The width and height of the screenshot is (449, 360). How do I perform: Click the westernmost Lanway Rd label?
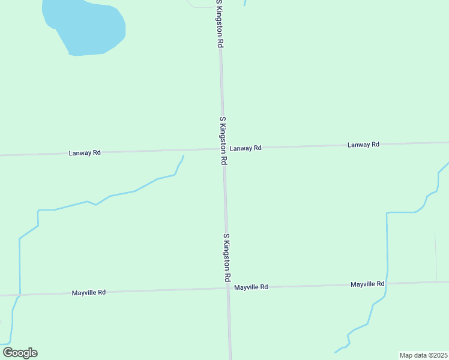tap(85, 153)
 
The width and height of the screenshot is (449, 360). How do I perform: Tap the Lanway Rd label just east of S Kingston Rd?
tap(246, 148)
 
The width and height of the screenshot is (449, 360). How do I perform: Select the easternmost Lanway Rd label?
tap(363, 145)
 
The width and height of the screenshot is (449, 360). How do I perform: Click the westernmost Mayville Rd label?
tap(89, 292)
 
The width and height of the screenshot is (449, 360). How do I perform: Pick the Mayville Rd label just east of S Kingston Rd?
tap(251, 287)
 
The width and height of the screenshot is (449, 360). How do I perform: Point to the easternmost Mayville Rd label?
tap(367, 284)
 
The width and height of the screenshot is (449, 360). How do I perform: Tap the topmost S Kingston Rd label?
tap(220, 24)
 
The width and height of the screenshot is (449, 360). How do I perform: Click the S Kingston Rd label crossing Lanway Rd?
tap(223, 141)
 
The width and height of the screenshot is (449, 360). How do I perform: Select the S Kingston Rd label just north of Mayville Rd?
tap(227, 258)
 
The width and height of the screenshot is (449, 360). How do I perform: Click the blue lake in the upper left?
tap(87, 27)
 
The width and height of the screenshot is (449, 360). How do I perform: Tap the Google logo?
tap(20, 353)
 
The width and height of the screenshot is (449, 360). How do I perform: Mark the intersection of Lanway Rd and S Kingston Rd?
tap(223, 149)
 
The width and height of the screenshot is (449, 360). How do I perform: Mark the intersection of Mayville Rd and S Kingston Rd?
tap(228, 288)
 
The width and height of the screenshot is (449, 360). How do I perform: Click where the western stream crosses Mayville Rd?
tap(20, 295)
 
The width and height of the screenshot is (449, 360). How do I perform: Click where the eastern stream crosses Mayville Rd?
tap(387, 283)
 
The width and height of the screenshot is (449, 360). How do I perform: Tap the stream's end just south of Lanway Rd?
tap(183, 156)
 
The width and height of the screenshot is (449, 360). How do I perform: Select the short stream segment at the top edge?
tap(245, 3)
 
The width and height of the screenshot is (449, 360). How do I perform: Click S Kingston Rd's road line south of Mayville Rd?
tap(229, 327)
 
